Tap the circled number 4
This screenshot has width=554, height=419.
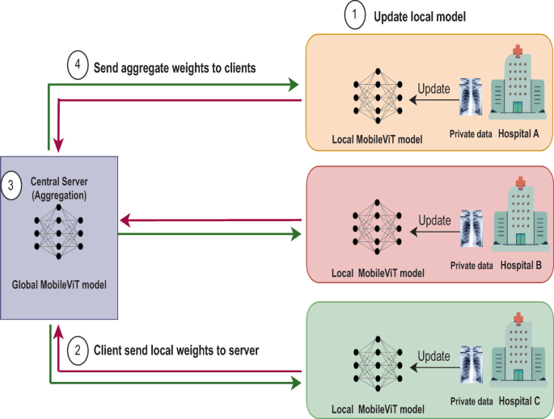[76, 68]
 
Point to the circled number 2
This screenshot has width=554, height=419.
[76, 350]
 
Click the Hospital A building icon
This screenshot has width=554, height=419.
[520, 85]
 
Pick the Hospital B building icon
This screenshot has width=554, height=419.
[520, 216]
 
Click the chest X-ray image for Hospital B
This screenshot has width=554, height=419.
[472, 227]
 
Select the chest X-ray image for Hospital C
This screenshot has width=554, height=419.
[472, 361]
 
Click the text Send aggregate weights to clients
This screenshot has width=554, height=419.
[176, 69]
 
